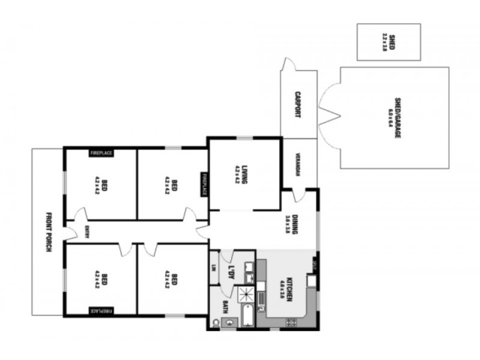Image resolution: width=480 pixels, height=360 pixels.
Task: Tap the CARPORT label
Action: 298,104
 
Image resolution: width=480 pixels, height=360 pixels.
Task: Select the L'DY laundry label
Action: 230,272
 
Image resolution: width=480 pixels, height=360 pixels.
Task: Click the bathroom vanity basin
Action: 229,323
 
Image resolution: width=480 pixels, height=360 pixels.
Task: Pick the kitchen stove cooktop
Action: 291,322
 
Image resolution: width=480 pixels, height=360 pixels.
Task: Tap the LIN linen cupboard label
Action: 214,269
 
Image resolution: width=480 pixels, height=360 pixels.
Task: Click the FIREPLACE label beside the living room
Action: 204,184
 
